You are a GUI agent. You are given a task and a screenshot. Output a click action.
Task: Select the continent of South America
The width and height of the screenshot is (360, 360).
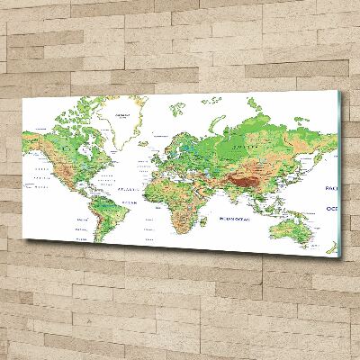[101, 220]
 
